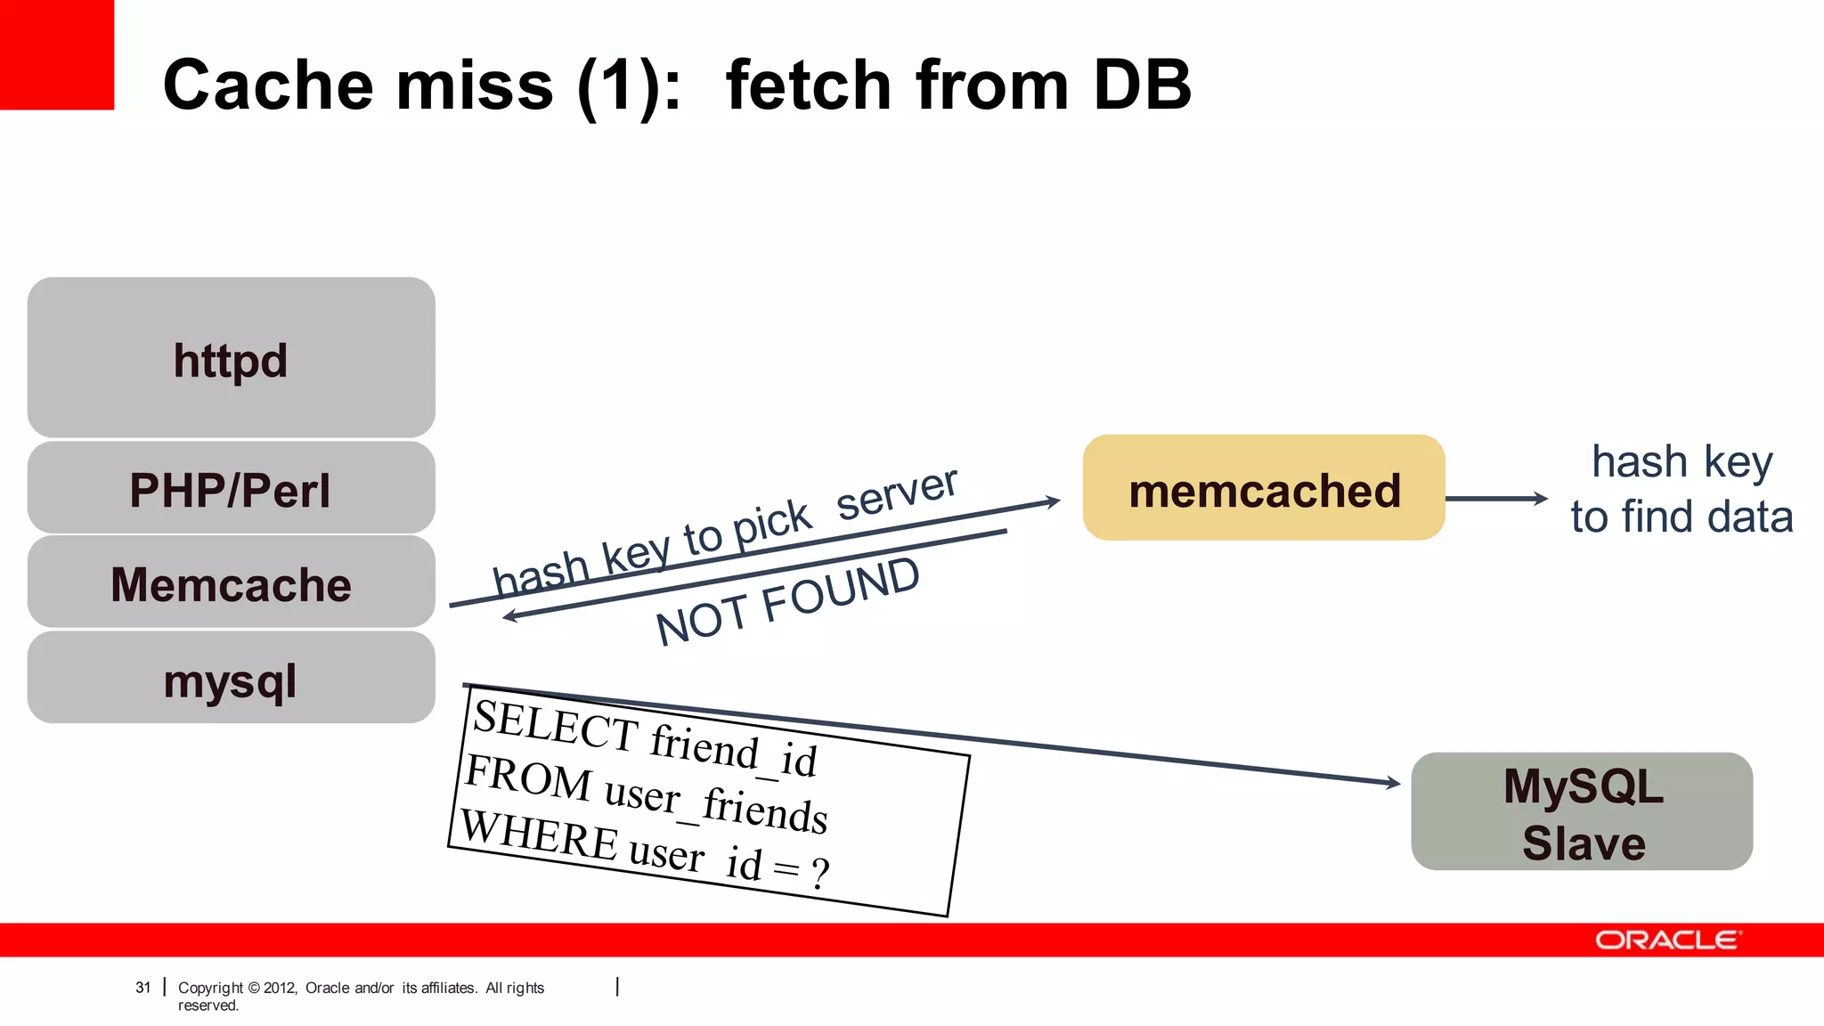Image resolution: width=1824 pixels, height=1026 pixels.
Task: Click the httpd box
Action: click(x=231, y=358)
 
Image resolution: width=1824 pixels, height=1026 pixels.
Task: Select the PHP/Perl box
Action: click(x=231, y=489)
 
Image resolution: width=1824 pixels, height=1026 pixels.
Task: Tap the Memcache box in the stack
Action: click(x=231, y=583)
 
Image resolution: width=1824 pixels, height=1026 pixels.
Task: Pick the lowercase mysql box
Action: click(x=231, y=680)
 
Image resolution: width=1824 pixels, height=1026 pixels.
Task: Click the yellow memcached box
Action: click(x=1264, y=489)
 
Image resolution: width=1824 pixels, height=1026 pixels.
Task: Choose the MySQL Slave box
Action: click(x=1582, y=812)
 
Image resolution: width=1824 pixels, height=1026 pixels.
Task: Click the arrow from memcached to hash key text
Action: click(x=1496, y=499)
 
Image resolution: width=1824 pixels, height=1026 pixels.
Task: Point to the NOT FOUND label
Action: click(x=787, y=601)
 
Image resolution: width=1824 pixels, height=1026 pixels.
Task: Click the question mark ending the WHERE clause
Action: click(x=819, y=874)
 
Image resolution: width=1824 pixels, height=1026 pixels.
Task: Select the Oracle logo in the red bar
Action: click(x=1667, y=940)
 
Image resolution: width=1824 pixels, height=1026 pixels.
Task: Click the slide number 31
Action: click(x=142, y=988)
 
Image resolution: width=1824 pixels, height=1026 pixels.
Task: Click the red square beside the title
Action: click(x=56, y=54)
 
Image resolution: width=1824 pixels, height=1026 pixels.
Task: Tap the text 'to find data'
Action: click(x=1681, y=517)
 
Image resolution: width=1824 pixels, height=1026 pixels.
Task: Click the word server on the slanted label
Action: click(x=897, y=493)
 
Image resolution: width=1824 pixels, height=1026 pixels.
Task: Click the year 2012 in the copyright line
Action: click(x=280, y=988)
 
